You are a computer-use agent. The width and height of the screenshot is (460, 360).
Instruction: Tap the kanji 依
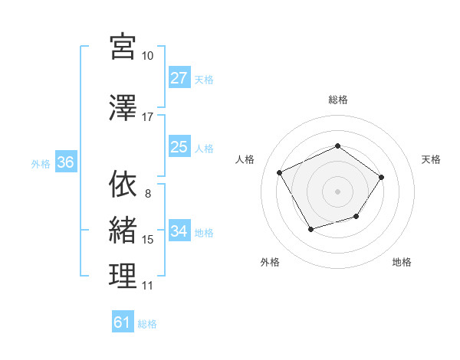123,185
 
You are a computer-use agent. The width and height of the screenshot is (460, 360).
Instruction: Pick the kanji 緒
123,231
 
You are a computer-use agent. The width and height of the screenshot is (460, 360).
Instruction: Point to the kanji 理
123,277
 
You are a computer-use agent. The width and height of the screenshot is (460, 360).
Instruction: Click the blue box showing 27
179,78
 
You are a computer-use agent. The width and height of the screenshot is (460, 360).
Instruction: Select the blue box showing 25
179,147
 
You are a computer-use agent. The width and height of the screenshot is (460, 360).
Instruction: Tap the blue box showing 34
179,231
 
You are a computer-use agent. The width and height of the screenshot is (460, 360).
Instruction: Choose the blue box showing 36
65,162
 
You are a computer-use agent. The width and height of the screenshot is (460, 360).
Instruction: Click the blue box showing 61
123,322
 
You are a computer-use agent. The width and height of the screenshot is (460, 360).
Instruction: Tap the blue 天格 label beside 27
204,79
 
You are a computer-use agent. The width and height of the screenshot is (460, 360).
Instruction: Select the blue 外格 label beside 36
41,163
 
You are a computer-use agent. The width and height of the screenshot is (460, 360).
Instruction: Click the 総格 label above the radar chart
337,100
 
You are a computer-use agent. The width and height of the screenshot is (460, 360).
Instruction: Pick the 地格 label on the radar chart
402,262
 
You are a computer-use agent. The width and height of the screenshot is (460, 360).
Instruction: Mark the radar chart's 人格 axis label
245,159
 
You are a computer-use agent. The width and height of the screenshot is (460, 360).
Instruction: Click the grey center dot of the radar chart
337,191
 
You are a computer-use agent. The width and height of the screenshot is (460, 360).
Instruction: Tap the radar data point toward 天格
382,177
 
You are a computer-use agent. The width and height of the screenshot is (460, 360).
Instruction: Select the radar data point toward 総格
337,146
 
